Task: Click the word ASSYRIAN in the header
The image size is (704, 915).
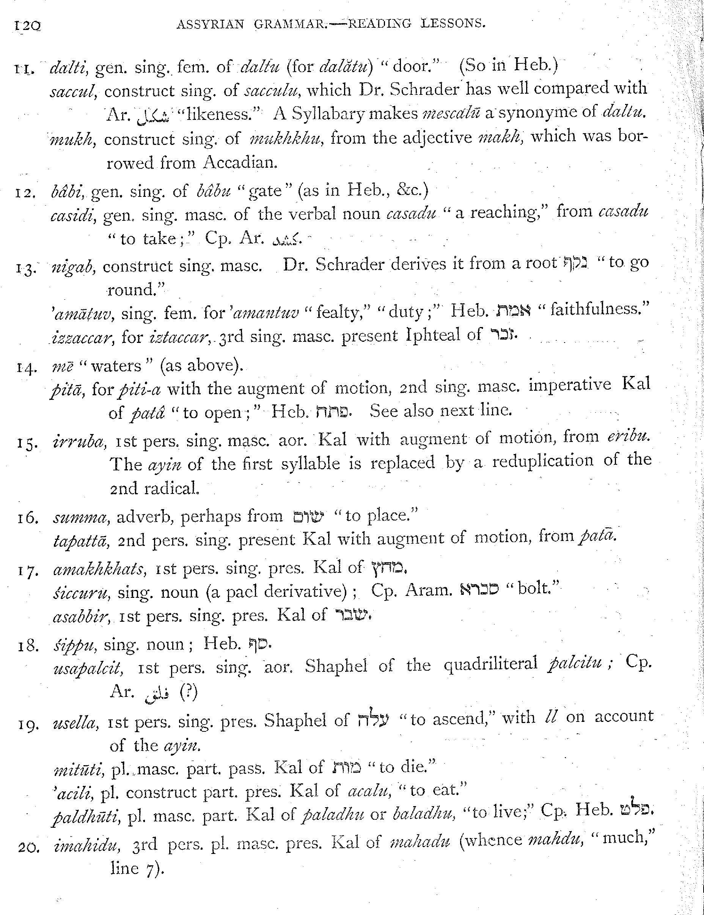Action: pos(210,24)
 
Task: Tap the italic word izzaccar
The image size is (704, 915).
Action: pos(82,336)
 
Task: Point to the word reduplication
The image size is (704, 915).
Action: pos(542,461)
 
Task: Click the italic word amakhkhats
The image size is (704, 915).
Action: pos(99,569)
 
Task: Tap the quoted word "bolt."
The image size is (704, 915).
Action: pos(533,589)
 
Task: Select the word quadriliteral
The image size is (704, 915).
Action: pos(490,664)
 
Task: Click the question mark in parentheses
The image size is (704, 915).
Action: pos(188,693)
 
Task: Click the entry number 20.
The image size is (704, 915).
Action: pos(29,848)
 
